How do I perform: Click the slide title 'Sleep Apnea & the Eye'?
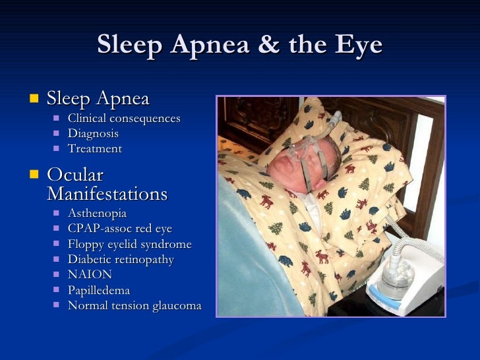pyautogui.click(x=239, y=45)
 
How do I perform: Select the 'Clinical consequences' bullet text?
pyautogui.click(x=123, y=118)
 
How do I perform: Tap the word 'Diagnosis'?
pyautogui.click(x=93, y=133)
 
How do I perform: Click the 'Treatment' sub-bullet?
pyautogui.click(x=94, y=148)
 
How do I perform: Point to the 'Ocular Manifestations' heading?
pyautogui.click(x=107, y=185)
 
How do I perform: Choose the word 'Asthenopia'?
pyautogui.click(x=97, y=214)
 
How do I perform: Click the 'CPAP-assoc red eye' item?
pyautogui.click(x=119, y=229)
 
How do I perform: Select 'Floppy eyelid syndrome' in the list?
pyautogui.click(x=129, y=244)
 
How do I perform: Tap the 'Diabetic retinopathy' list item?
pyautogui.click(x=121, y=259)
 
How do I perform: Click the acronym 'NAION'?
pyautogui.click(x=90, y=274)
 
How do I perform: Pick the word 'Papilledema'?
pyautogui.click(x=98, y=289)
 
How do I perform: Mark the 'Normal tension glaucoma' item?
pyautogui.click(x=134, y=305)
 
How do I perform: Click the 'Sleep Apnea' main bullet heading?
pyautogui.click(x=98, y=99)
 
